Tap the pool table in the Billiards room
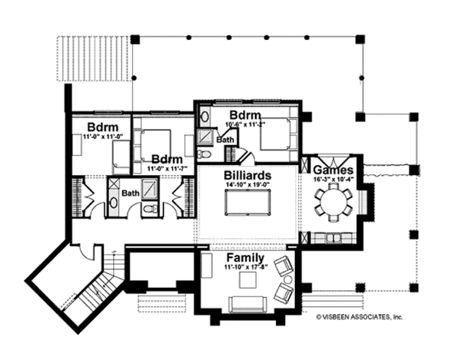point(247,205)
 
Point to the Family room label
point(245,259)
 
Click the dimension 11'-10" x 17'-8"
point(245,268)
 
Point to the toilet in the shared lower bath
point(151,208)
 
